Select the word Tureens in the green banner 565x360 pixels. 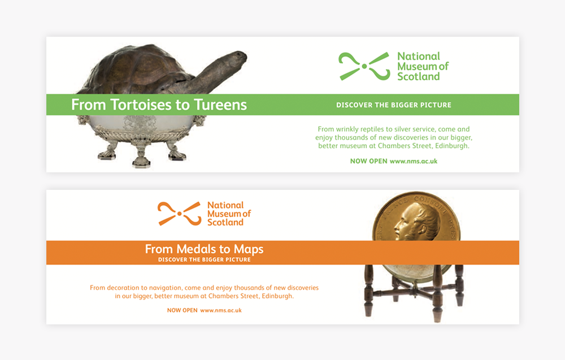tap(220, 105)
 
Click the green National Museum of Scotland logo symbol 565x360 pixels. tap(364, 66)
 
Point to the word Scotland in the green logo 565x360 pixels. tap(418, 76)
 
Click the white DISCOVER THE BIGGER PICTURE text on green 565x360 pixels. tap(393, 105)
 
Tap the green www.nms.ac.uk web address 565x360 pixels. tap(414, 161)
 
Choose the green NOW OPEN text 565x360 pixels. tap(368, 161)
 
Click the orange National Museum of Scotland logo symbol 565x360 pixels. tap(180, 214)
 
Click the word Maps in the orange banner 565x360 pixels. tap(249, 249)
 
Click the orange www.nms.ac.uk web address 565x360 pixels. tap(221, 310)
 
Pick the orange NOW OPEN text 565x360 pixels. tap(182, 310)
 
